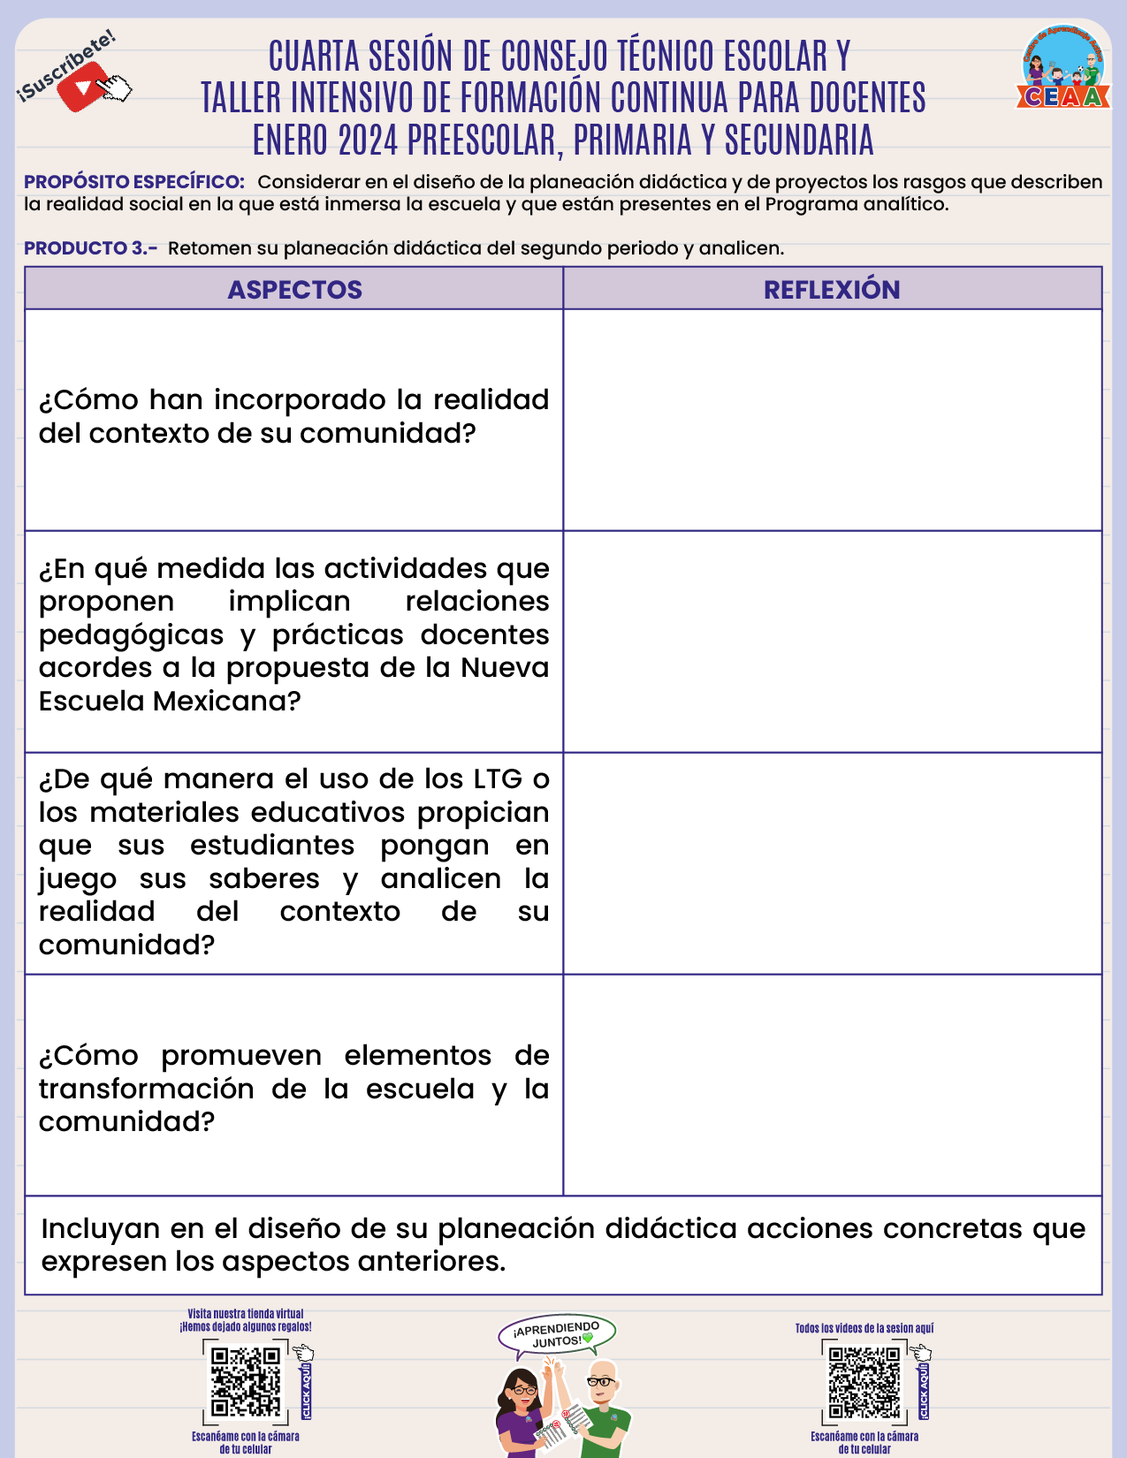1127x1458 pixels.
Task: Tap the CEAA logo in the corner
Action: point(1063,68)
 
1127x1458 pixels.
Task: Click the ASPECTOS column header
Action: point(294,290)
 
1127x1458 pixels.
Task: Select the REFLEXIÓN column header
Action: point(832,290)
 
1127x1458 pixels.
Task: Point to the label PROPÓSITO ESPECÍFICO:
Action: point(134,182)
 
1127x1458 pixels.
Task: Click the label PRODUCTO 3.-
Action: point(90,248)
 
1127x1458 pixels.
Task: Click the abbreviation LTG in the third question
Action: point(498,779)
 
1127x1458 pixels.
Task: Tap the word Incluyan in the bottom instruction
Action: point(101,1229)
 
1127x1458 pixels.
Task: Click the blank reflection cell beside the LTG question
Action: point(832,863)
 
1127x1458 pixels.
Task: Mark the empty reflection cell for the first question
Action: point(832,420)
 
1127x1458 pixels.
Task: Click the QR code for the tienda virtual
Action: point(245,1381)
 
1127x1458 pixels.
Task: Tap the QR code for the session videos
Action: point(864,1381)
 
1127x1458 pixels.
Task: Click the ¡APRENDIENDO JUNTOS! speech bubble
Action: point(557,1334)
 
